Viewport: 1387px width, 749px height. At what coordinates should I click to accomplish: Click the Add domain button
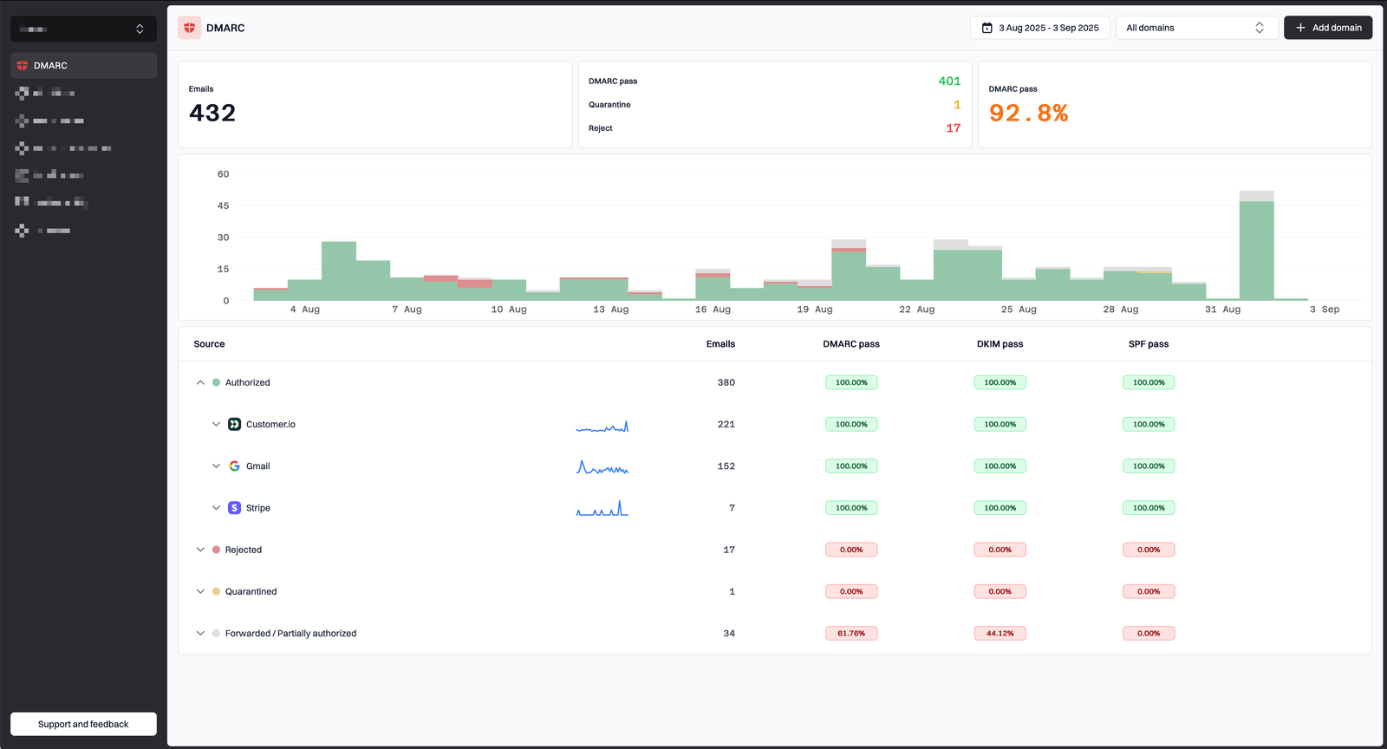point(1327,28)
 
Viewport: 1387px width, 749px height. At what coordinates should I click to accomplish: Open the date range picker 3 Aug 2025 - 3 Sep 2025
point(1039,28)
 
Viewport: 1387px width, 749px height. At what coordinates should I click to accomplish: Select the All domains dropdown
point(1195,28)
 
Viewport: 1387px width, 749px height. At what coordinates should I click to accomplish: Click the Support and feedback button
point(83,724)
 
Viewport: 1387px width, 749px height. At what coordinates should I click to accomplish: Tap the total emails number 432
point(212,114)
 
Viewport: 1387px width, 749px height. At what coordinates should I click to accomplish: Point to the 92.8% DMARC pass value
point(1028,114)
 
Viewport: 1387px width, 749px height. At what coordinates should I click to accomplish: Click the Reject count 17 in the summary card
point(953,128)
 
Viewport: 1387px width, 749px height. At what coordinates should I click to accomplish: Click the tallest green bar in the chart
point(1256,251)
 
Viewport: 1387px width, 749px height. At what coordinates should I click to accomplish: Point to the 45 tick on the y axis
point(223,205)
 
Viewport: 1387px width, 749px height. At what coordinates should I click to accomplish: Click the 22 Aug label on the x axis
point(916,309)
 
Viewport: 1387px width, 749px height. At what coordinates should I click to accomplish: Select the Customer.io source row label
point(270,425)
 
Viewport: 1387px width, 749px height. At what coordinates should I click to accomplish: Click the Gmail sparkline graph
point(602,467)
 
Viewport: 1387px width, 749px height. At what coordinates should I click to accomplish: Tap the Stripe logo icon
point(234,508)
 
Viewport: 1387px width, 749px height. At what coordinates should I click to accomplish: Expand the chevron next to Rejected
point(200,550)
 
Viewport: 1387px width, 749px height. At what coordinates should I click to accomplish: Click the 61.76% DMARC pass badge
point(850,634)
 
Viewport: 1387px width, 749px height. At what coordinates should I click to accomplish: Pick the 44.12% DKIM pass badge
point(1000,634)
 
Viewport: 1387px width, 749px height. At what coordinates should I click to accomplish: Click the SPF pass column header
point(1148,344)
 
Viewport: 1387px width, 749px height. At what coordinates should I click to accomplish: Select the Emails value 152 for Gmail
point(726,466)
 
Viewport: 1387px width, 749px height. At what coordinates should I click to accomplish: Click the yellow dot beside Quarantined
point(216,592)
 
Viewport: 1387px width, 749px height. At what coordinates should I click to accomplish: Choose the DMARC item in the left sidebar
point(50,66)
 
